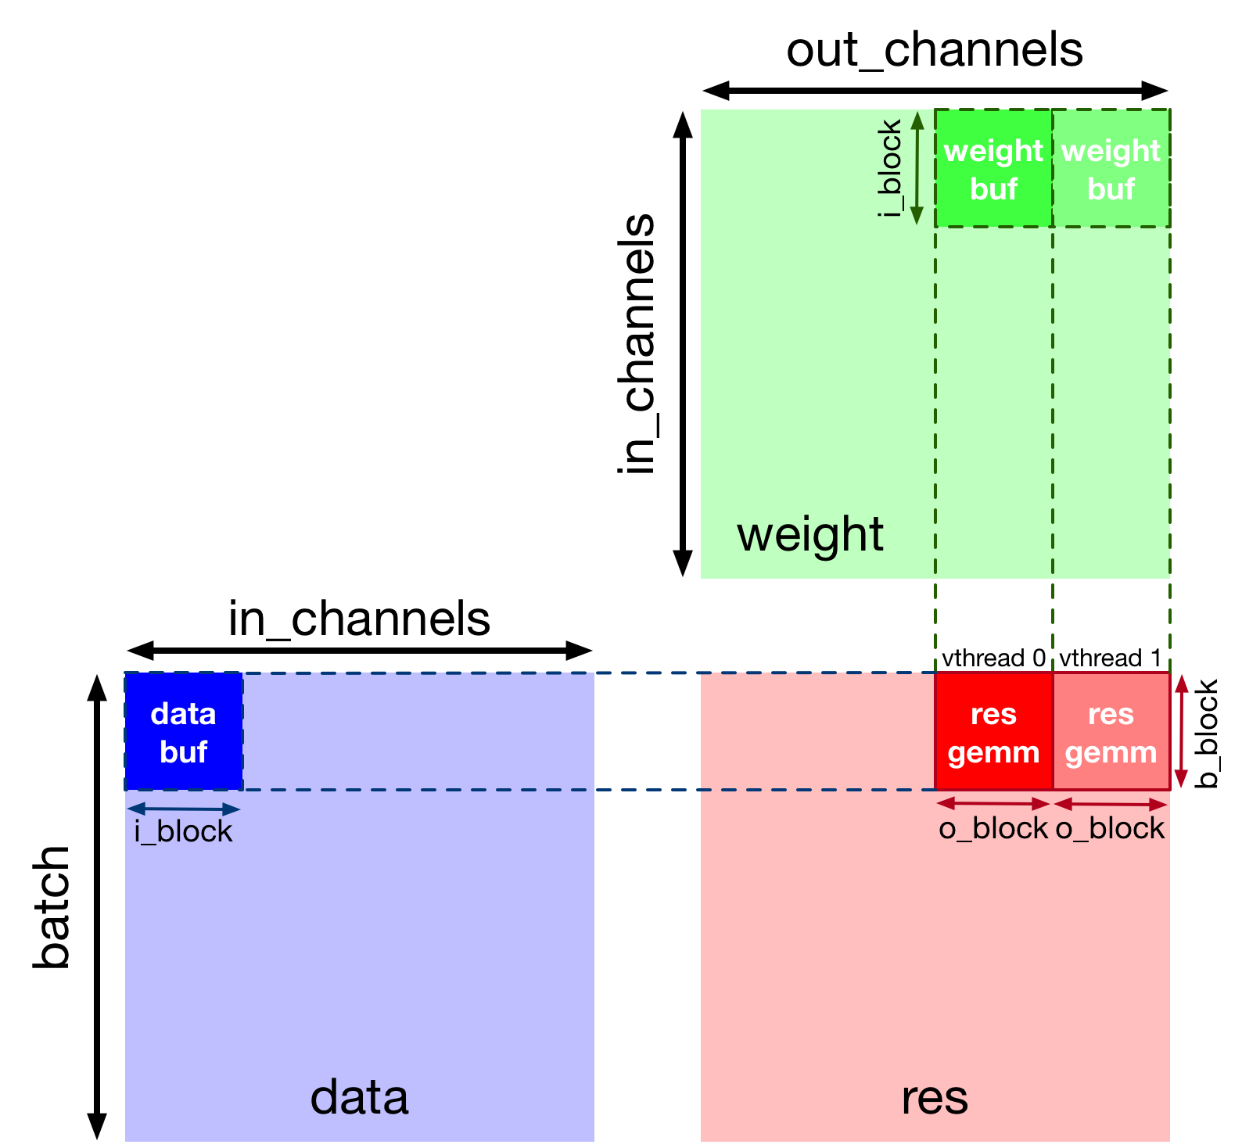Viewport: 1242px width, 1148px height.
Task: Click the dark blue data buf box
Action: [x=184, y=731]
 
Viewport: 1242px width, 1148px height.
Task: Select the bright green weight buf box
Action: [x=993, y=168]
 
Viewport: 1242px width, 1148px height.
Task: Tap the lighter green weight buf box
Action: [x=1111, y=168]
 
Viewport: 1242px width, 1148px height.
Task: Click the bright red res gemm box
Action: [x=993, y=731]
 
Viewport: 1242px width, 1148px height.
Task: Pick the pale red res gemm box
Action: [x=1111, y=731]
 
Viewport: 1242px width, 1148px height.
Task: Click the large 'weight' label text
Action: [x=809, y=535]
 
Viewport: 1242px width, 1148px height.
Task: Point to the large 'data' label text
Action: [x=359, y=1097]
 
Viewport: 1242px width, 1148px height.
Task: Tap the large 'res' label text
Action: [x=934, y=1097]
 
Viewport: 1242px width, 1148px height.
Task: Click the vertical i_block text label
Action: [x=890, y=167]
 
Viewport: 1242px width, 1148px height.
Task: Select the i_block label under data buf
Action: [x=183, y=831]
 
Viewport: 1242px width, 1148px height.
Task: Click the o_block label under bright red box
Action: [x=993, y=828]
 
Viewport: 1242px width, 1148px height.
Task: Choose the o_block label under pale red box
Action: [x=1110, y=828]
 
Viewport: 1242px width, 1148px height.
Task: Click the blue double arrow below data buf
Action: [x=183, y=809]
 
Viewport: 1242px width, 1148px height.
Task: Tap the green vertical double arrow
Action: [x=917, y=167]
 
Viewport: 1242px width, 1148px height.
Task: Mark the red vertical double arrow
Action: [x=1182, y=730]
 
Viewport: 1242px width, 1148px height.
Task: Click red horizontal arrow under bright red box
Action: [x=993, y=803]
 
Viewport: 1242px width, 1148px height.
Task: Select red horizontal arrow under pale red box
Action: [x=1111, y=803]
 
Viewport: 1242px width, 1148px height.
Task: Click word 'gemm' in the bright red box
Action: [x=993, y=752]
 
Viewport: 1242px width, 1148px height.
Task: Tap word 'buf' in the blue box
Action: [x=183, y=752]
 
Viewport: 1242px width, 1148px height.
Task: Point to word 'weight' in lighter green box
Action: [x=1111, y=150]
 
